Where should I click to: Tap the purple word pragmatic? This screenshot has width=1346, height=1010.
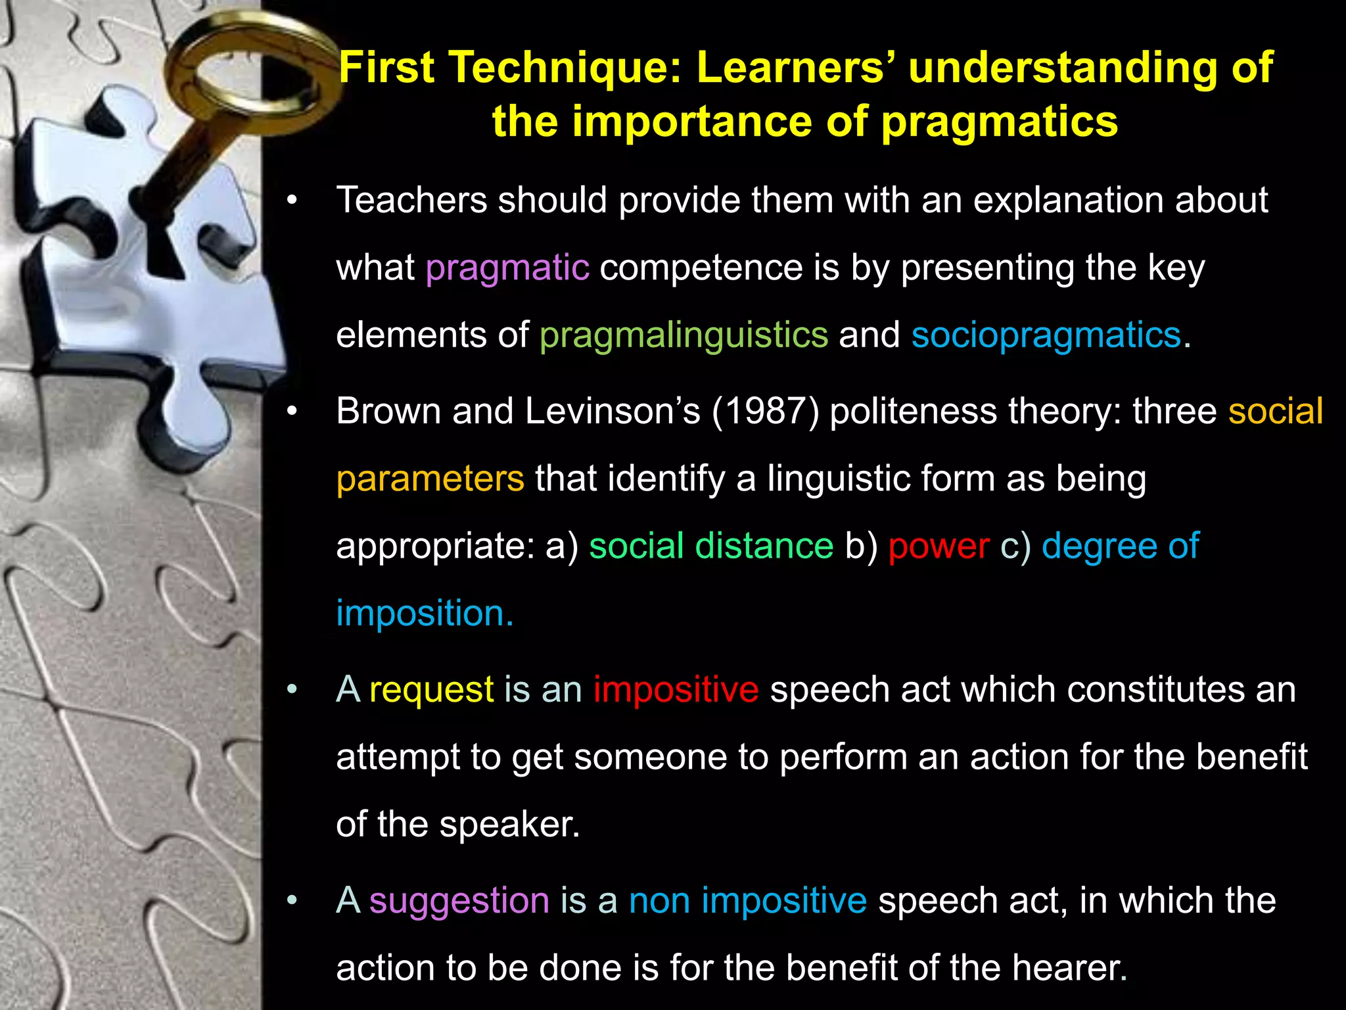coord(507,268)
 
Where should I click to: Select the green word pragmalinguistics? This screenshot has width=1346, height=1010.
coord(684,335)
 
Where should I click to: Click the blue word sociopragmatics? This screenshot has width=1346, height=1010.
coord(1046,335)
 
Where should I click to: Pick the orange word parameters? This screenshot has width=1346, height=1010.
coord(430,479)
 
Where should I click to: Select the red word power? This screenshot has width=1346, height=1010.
coord(939,546)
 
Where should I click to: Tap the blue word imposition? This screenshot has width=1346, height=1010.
coord(424,613)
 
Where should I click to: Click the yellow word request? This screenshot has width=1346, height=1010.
coord(431,690)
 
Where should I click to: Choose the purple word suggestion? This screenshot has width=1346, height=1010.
coord(459,900)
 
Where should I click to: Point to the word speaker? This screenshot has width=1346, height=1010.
coord(509,825)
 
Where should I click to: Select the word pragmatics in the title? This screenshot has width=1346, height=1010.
coord(999,122)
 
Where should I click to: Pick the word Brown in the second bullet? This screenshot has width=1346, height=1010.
coord(388,412)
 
